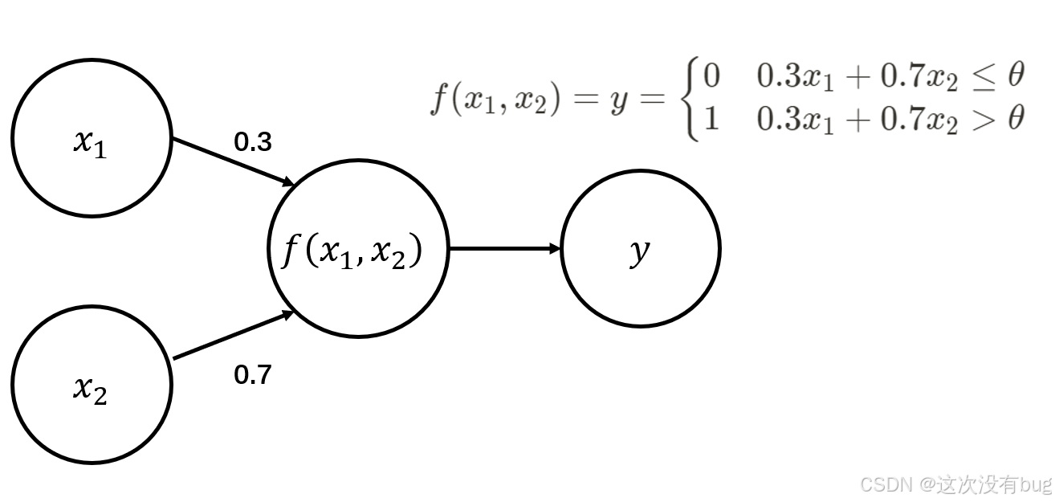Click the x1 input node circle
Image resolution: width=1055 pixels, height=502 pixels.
point(92,137)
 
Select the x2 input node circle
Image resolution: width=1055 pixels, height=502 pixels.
point(92,384)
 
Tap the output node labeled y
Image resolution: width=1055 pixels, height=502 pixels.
point(640,248)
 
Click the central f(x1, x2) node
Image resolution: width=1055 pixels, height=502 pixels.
point(357,249)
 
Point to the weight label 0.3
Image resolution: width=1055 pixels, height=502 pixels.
point(253,142)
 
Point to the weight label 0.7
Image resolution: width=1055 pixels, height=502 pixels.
point(253,374)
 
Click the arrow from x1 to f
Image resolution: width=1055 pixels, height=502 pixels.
point(233,161)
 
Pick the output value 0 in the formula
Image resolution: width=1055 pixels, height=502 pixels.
point(711,76)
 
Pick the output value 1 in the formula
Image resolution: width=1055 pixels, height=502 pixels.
point(711,120)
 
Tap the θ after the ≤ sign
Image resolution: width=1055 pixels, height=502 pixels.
point(1016,76)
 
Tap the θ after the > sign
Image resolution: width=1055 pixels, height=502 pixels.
point(1016,119)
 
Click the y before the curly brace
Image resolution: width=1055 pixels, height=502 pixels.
point(618,101)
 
